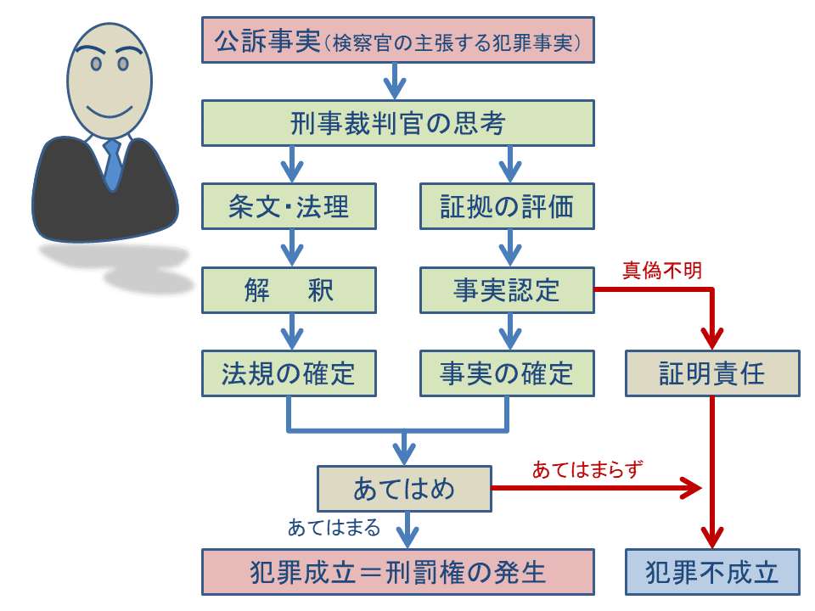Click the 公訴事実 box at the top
[x=397, y=41]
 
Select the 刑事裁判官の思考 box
[x=397, y=124]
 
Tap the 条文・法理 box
[x=289, y=207]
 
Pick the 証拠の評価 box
[x=507, y=207]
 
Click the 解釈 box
[x=289, y=290]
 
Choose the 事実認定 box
[x=507, y=290]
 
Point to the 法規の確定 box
[x=289, y=373]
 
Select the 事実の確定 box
[x=507, y=373]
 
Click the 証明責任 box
[x=711, y=374]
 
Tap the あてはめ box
[x=404, y=489]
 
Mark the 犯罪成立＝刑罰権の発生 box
[x=397, y=571]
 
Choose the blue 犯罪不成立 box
[x=711, y=571]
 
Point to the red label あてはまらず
[x=587, y=470]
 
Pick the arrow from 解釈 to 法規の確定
[x=291, y=332]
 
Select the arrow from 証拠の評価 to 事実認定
[x=509, y=249]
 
